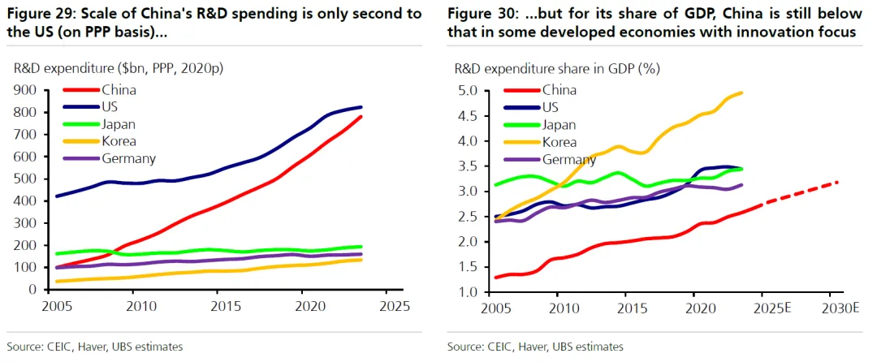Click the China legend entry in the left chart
pyautogui.click(x=118, y=90)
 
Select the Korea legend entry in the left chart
pyautogui.click(x=119, y=141)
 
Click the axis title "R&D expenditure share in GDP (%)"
pyautogui.click(x=557, y=68)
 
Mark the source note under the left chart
pyautogui.click(x=95, y=347)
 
